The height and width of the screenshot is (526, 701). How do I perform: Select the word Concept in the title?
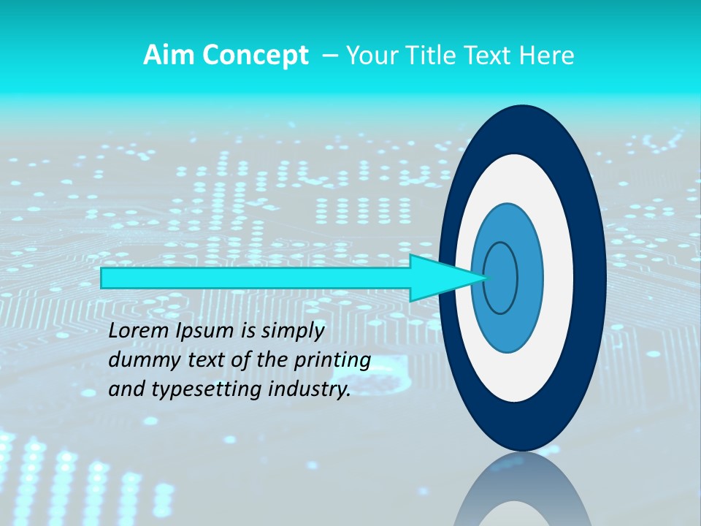(255, 56)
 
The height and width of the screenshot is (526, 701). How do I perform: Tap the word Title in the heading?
(428, 56)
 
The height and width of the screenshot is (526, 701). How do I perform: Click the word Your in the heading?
(370, 56)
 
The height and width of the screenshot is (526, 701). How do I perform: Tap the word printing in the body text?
(332, 360)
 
